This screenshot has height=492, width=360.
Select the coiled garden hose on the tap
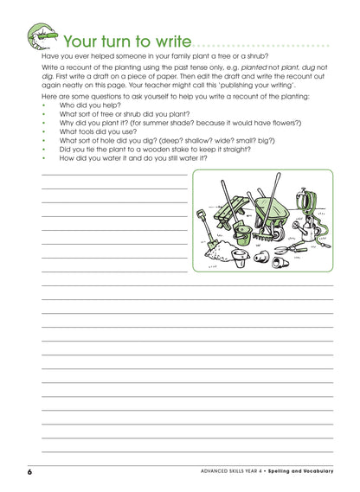pyautogui.click(x=312, y=208)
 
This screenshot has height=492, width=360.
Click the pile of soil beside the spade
pyautogui.click(x=222, y=252)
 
